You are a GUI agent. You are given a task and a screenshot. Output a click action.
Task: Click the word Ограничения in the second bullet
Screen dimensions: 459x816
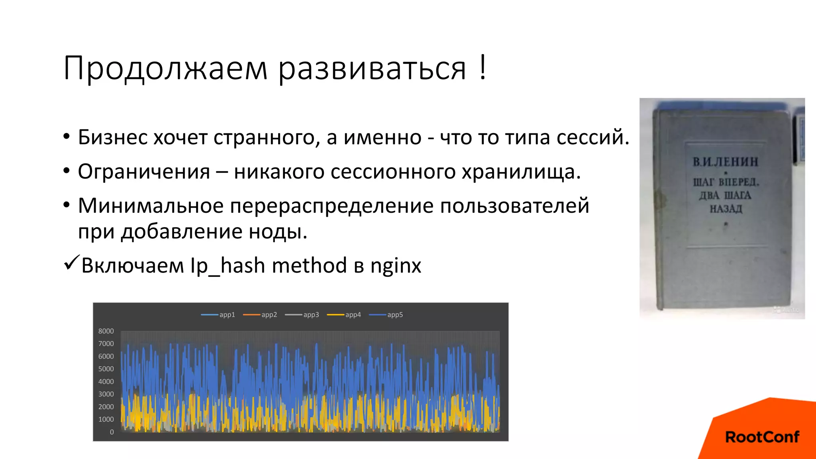pyautogui.click(x=144, y=172)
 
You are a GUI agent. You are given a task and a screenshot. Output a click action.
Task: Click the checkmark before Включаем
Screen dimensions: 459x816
pyautogui.click(x=72, y=263)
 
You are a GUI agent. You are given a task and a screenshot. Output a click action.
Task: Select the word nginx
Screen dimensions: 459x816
pyautogui.click(x=396, y=266)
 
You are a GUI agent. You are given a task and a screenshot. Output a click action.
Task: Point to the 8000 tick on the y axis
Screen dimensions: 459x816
pyautogui.click(x=106, y=331)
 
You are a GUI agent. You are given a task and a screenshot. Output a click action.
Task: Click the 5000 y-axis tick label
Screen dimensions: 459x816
pyautogui.click(x=106, y=369)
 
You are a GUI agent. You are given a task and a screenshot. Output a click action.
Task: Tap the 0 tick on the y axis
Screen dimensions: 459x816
pyautogui.click(x=112, y=432)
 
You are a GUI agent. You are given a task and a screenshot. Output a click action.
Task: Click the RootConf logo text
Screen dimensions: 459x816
pyautogui.click(x=762, y=437)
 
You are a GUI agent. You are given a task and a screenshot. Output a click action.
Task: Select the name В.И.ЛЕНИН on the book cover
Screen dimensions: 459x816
pyautogui.click(x=726, y=162)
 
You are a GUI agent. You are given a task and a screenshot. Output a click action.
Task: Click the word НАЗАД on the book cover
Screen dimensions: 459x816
pyautogui.click(x=726, y=209)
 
